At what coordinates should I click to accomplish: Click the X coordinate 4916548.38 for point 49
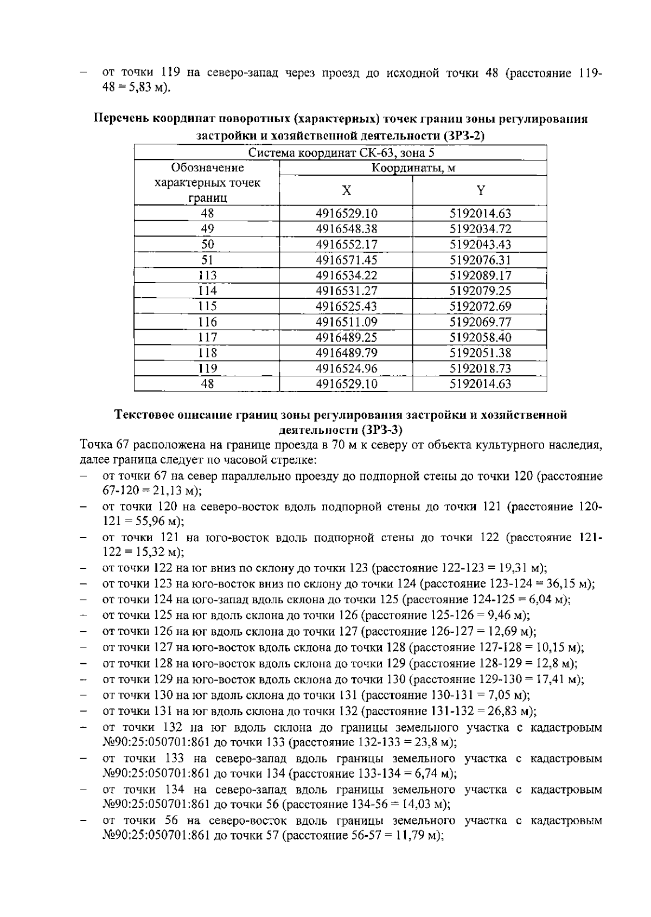tap(346, 229)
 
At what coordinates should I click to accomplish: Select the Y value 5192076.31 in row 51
tap(480, 260)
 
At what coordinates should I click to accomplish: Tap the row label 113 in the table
tap(207, 275)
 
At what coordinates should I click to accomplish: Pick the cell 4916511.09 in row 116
tap(346, 322)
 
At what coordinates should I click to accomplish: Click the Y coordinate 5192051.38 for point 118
tap(480, 353)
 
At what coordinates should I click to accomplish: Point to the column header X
tap(346, 190)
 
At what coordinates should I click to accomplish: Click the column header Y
tap(480, 190)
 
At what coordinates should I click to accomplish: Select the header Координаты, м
tap(413, 168)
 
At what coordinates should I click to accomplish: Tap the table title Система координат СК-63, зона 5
tap(341, 153)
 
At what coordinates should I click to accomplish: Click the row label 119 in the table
tap(207, 369)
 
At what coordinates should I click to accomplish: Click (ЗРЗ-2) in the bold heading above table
tap(463, 135)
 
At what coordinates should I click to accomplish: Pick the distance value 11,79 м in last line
tap(417, 836)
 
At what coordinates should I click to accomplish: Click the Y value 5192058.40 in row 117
tap(480, 337)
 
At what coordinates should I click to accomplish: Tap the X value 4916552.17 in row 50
tap(346, 245)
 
